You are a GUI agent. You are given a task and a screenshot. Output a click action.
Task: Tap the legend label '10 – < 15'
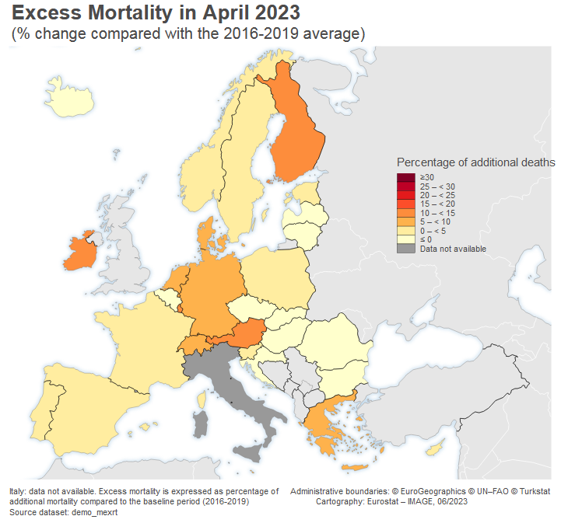tap(437, 213)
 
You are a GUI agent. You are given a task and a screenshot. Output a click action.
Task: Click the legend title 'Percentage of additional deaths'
tap(475, 162)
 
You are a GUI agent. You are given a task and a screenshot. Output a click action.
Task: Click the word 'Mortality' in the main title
tap(147, 13)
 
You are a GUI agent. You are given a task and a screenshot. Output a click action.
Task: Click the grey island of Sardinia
tap(201, 424)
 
